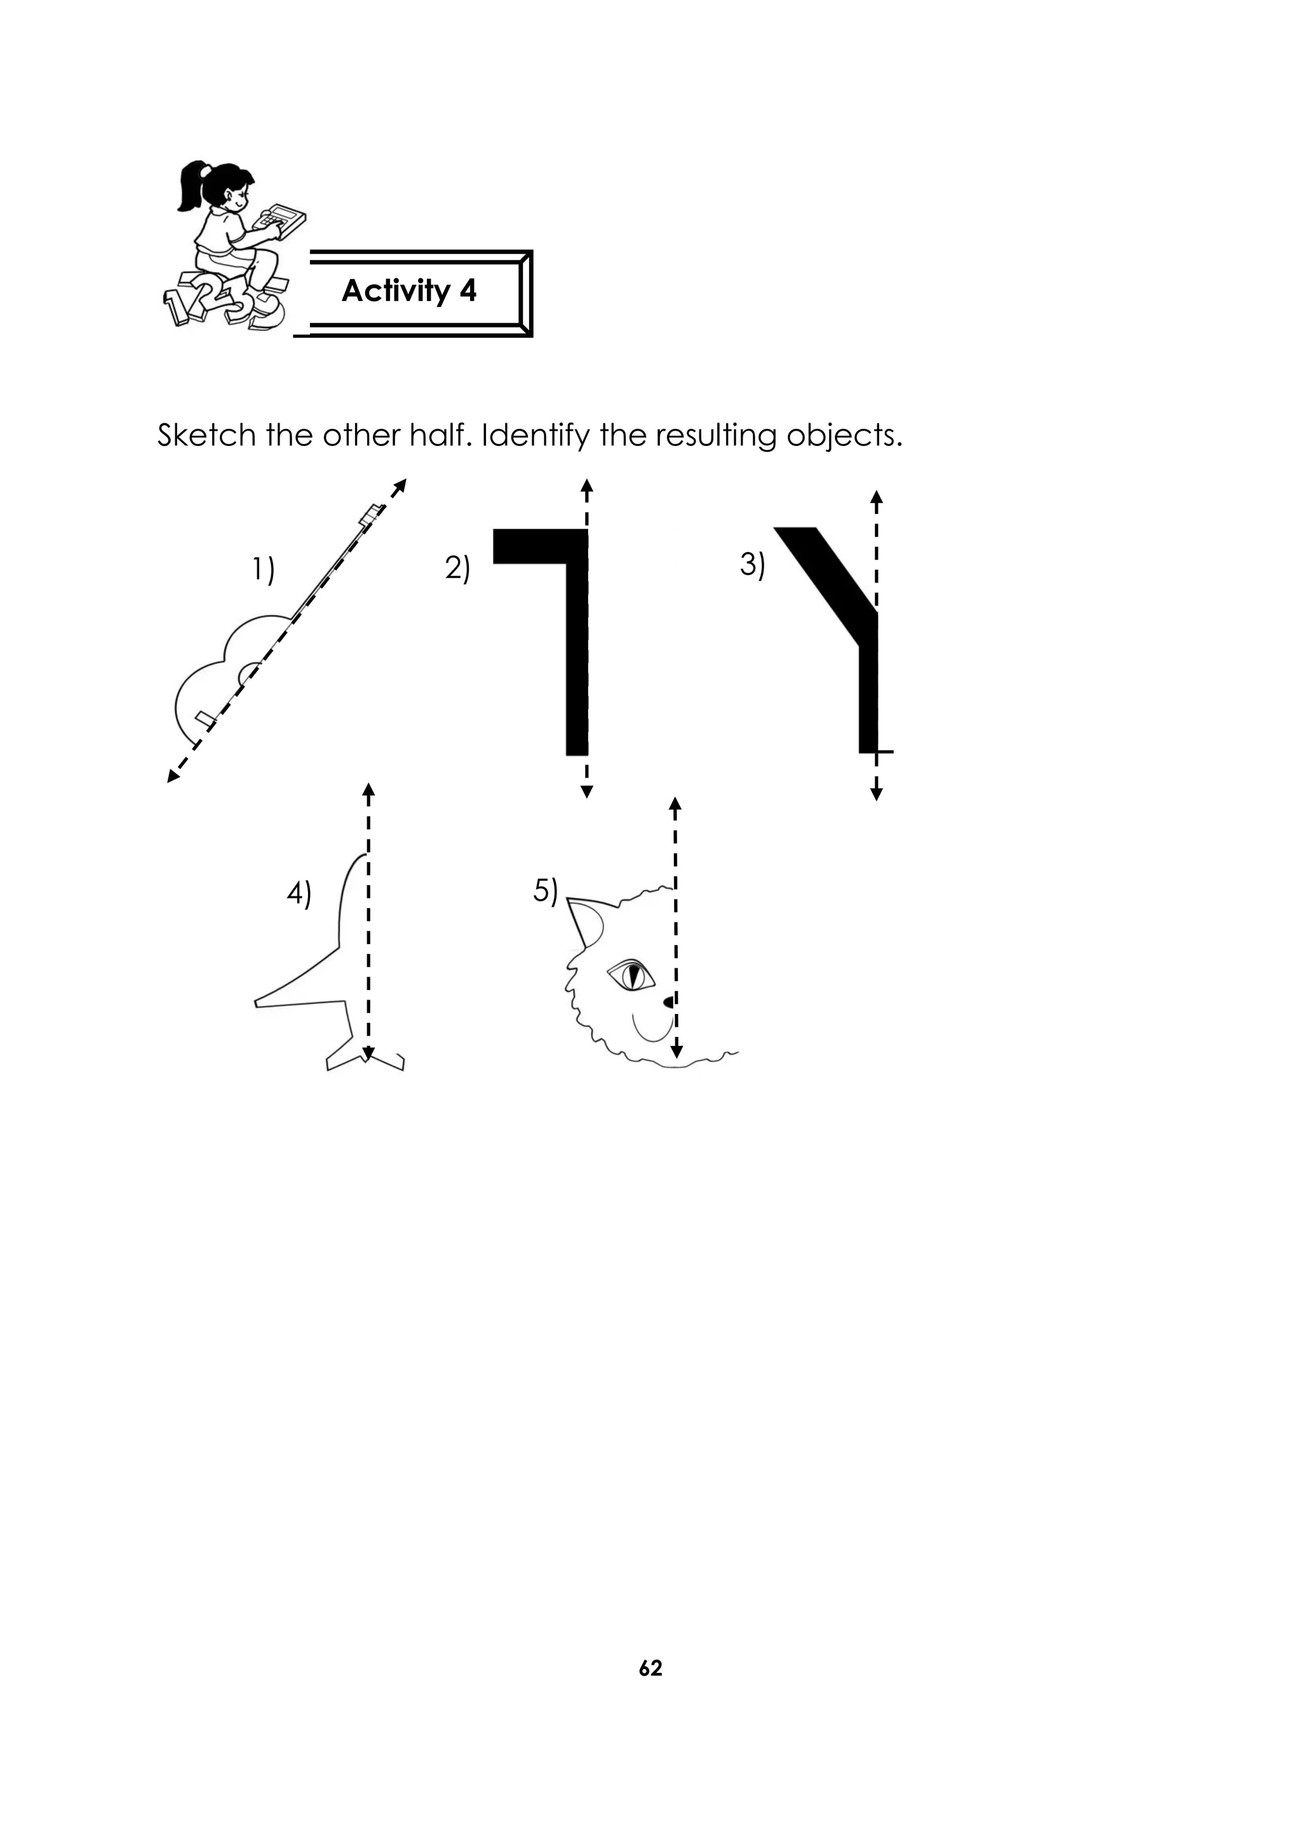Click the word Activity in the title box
tap(396, 291)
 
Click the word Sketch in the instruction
tap(206, 435)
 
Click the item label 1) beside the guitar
tap(263, 570)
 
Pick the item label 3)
tap(752, 564)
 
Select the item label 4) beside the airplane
tap(299, 893)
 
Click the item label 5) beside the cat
tap(546, 890)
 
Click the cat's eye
tap(632, 976)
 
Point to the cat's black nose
tap(669, 1002)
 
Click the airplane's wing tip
tap(258, 1002)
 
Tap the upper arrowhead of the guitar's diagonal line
tap(401, 484)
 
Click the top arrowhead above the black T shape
tap(586, 485)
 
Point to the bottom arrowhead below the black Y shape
tap(877, 794)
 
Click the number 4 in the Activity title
tap(468, 291)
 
